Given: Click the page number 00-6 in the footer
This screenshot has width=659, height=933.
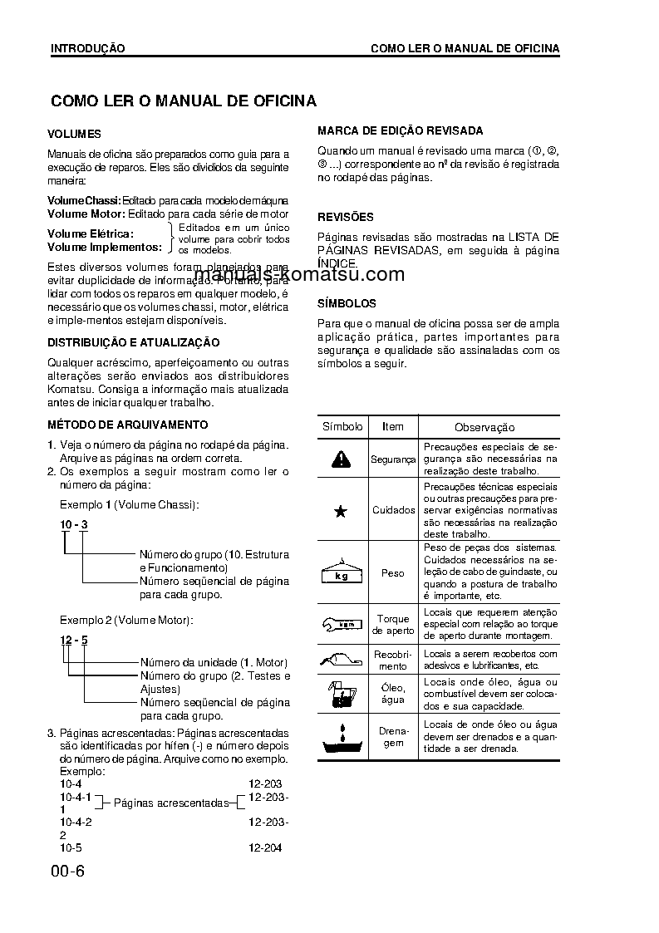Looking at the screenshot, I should pyautogui.click(x=67, y=872).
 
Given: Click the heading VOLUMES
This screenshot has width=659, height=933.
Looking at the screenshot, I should pyautogui.click(x=74, y=134).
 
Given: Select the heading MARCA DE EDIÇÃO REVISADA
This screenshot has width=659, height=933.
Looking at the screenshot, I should pyautogui.click(x=400, y=131).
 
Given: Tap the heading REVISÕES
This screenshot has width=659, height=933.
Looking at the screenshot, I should pyautogui.click(x=346, y=217).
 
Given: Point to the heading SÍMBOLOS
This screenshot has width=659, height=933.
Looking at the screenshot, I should pyautogui.click(x=347, y=303).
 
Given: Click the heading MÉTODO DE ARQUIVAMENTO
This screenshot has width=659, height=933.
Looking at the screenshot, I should pyautogui.click(x=116, y=425).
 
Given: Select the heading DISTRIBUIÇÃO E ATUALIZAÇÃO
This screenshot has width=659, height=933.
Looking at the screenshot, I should pyautogui.click(x=133, y=342).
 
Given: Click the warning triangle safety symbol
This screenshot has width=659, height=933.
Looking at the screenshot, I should pyautogui.click(x=340, y=459).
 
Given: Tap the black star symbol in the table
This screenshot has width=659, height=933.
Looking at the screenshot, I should pyautogui.click(x=340, y=511).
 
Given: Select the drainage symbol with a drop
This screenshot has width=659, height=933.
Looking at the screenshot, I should pyautogui.click(x=341, y=737).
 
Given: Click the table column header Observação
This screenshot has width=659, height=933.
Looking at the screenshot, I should pyautogui.click(x=484, y=427).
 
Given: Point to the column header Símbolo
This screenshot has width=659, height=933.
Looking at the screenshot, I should pyautogui.click(x=342, y=426).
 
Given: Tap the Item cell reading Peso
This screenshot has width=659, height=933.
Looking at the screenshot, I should pyautogui.click(x=393, y=573).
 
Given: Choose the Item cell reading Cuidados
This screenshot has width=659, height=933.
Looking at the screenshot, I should pyautogui.click(x=393, y=511).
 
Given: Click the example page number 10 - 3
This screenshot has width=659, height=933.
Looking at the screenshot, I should pyautogui.click(x=73, y=525).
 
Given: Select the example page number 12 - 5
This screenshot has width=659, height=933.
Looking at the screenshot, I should pyautogui.click(x=73, y=640).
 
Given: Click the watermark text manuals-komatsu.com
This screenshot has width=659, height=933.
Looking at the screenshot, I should pyautogui.click(x=299, y=275).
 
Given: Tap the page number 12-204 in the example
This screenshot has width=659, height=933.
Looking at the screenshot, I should pyautogui.click(x=265, y=848).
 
